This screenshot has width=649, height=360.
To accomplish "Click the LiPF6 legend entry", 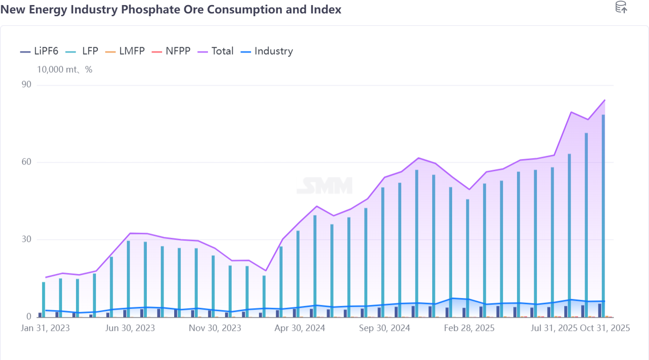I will point(39,51).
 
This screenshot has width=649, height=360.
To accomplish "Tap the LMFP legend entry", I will point(125,51).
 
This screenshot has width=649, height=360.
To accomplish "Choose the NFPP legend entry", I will point(171,51).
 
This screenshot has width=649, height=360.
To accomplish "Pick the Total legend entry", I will point(216,51).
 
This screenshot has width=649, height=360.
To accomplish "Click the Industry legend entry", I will point(267,51).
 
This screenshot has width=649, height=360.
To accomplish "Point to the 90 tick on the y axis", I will point(26,85).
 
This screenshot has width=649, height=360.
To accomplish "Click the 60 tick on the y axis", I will point(26,162).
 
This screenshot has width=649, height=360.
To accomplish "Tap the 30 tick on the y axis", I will point(26,240).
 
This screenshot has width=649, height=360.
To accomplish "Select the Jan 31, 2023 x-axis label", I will point(45,328).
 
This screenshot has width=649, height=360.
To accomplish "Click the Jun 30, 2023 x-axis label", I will point(130,328).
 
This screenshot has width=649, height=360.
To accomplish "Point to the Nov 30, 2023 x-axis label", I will point(215,328).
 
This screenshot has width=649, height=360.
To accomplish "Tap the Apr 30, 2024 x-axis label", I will point(300,328).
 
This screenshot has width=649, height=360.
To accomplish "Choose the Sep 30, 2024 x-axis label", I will point(385,328).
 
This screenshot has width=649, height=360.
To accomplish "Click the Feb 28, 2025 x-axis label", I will point(469,328).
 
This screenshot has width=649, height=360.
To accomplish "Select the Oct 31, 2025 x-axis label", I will point(605,328).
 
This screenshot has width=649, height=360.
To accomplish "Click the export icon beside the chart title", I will point(621,7).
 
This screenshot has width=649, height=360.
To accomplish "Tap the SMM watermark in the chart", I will point(324,186).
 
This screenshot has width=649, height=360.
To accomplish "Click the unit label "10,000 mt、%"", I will point(65,70).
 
